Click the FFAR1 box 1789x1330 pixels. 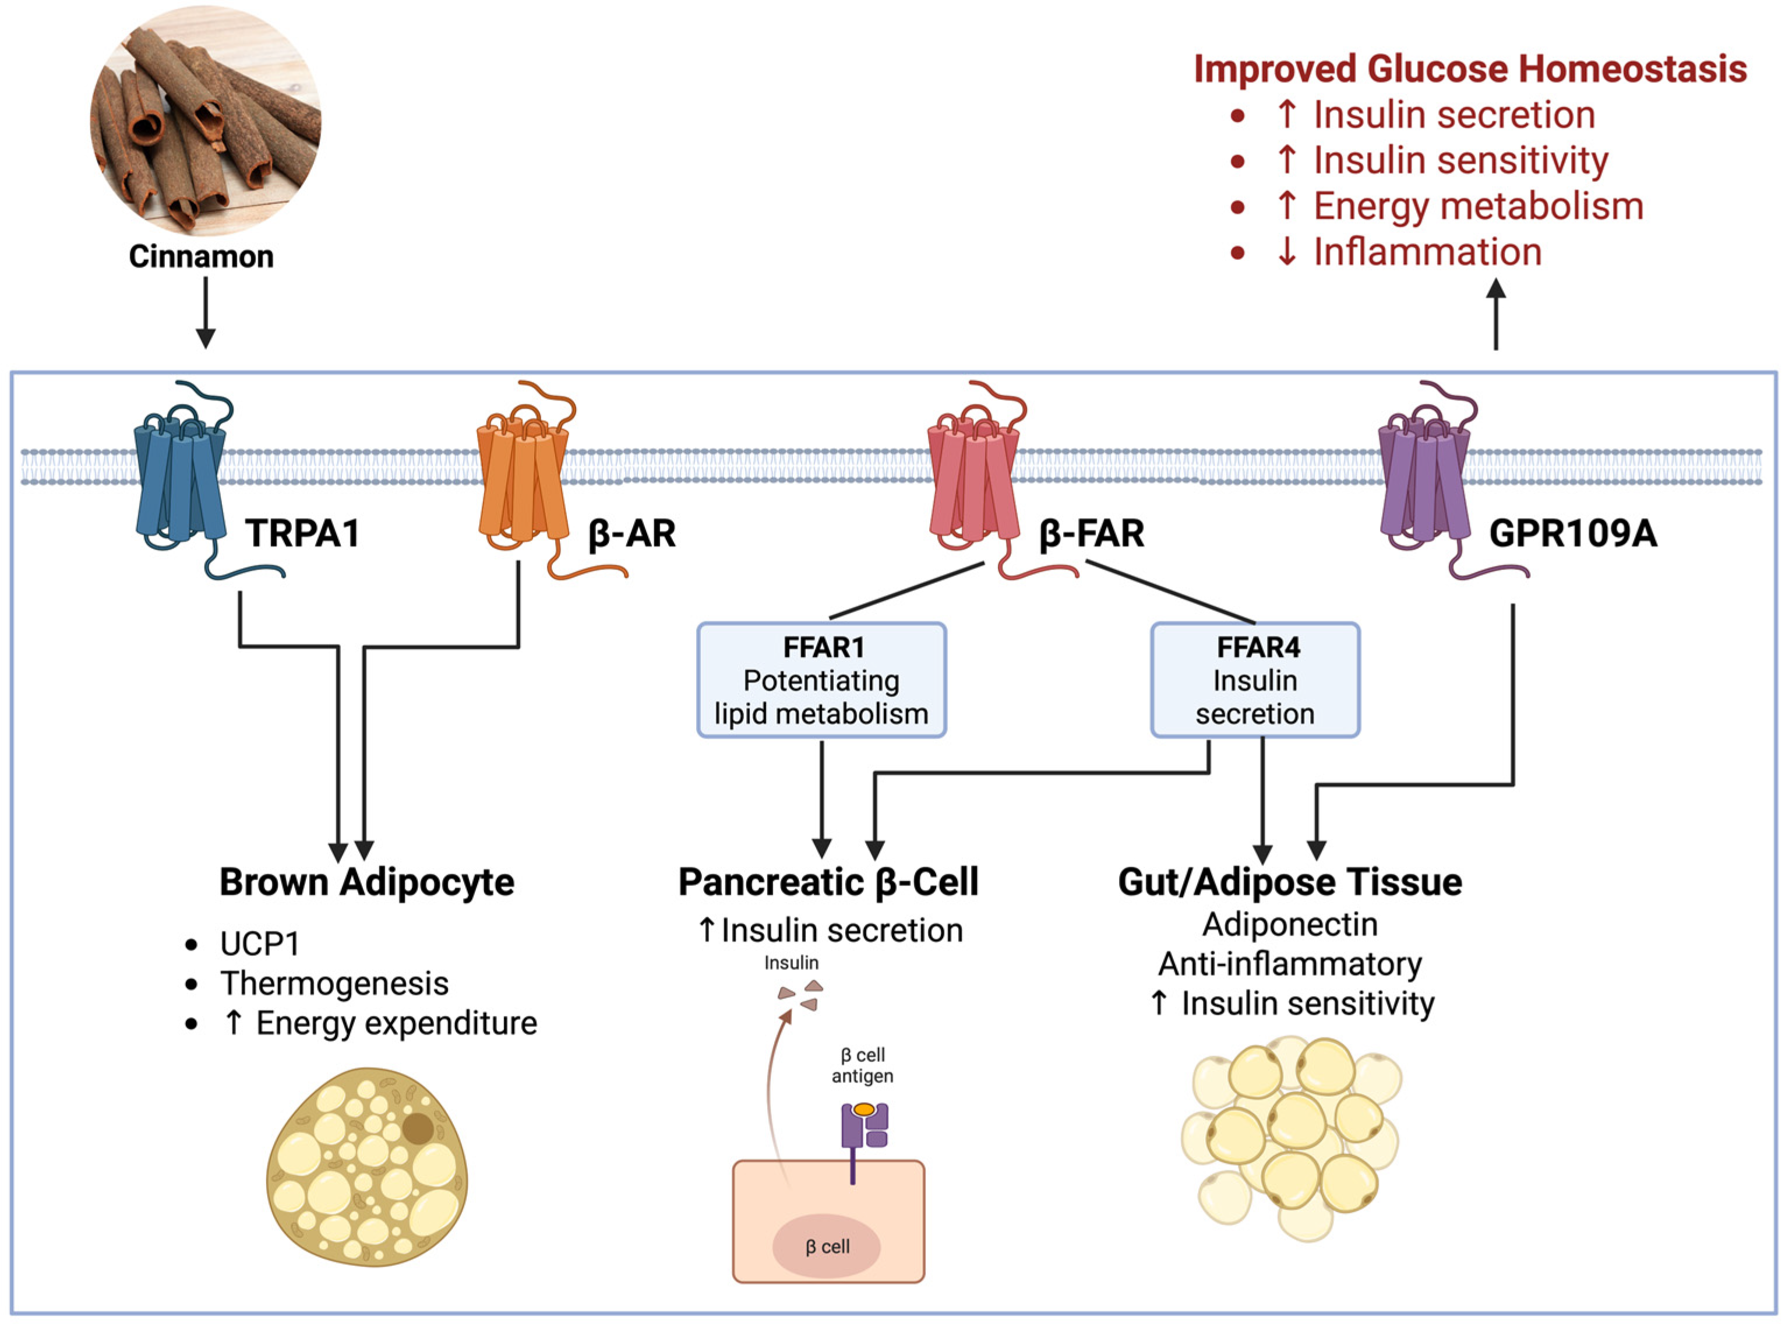[821, 680]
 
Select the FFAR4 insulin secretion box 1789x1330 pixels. [1255, 680]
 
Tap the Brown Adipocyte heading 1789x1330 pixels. [366, 882]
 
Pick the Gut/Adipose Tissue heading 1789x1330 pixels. [1289, 882]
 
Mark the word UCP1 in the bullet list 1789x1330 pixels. [259, 944]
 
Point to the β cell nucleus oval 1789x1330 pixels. [827, 1246]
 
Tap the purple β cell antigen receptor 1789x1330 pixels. [863, 1127]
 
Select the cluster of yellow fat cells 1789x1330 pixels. [1292, 1135]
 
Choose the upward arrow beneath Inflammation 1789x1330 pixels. [1495, 314]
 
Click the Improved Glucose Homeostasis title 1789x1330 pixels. [1470, 69]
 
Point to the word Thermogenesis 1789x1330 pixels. [334, 983]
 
